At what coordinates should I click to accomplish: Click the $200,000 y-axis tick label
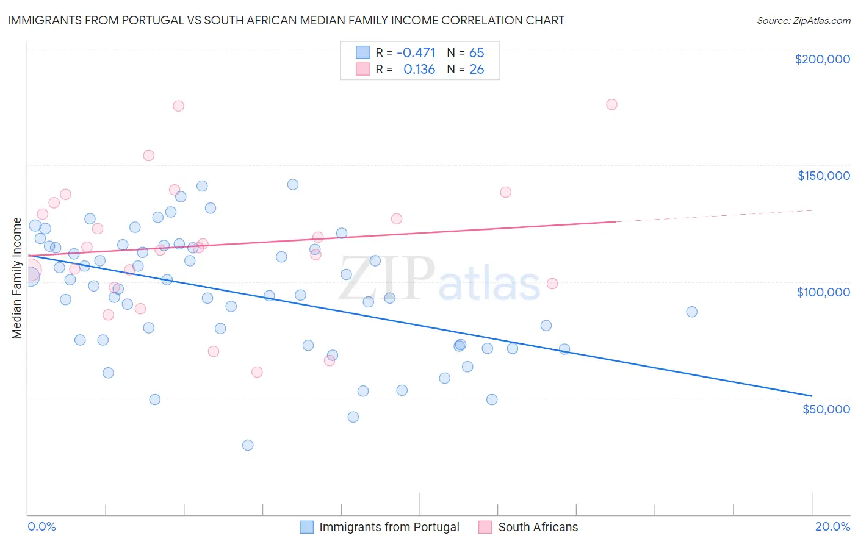[x=822, y=59]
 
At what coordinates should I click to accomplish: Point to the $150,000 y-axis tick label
[x=823, y=176]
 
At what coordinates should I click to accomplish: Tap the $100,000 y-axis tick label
[x=823, y=292]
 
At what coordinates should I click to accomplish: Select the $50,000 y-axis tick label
[x=826, y=409]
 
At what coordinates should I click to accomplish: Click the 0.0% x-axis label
[x=41, y=526]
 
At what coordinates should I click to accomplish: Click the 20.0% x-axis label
[x=832, y=526]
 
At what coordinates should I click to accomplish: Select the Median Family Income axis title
[x=17, y=278]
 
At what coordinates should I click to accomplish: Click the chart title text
[x=286, y=20]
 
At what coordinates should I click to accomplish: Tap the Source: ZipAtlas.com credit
[x=803, y=21]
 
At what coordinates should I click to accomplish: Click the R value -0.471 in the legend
[x=416, y=52]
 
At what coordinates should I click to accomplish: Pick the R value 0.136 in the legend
[x=419, y=70]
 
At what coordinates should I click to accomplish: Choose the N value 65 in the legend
[x=477, y=52]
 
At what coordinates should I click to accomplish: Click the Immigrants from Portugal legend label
[x=389, y=527]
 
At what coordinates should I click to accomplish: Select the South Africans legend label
[x=538, y=527]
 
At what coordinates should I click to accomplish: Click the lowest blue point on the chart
[x=248, y=445]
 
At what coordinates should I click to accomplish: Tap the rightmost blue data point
[x=691, y=312]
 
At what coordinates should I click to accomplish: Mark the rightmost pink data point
[x=611, y=104]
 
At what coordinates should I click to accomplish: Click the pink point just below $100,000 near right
[x=552, y=284]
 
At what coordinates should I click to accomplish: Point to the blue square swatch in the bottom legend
[x=307, y=527]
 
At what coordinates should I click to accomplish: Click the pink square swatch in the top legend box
[x=363, y=70]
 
